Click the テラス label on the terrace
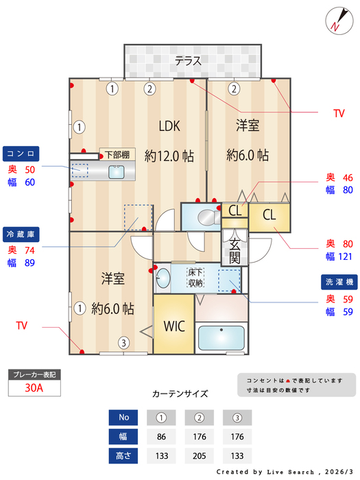(x=188, y=61)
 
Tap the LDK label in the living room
(x=169, y=126)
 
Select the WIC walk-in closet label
(x=174, y=326)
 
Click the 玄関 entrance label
(x=235, y=250)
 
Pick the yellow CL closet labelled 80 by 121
(x=269, y=214)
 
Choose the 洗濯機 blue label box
(x=339, y=282)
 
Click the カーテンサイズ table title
(x=180, y=394)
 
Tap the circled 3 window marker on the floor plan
(x=123, y=343)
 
